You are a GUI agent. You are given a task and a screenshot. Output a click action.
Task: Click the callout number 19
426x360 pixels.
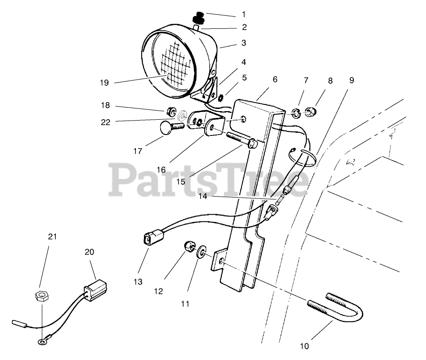[x=104, y=82]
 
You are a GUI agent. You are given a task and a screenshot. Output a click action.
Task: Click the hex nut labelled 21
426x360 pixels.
[x=42, y=296]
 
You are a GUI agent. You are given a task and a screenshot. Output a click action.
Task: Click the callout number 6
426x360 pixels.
[x=275, y=80]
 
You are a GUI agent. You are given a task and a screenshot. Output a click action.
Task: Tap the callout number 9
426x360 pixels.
[x=351, y=80]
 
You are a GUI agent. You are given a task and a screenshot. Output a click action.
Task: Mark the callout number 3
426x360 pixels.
[x=243, y=44]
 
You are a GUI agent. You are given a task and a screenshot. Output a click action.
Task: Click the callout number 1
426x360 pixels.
[x=243, y=15]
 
